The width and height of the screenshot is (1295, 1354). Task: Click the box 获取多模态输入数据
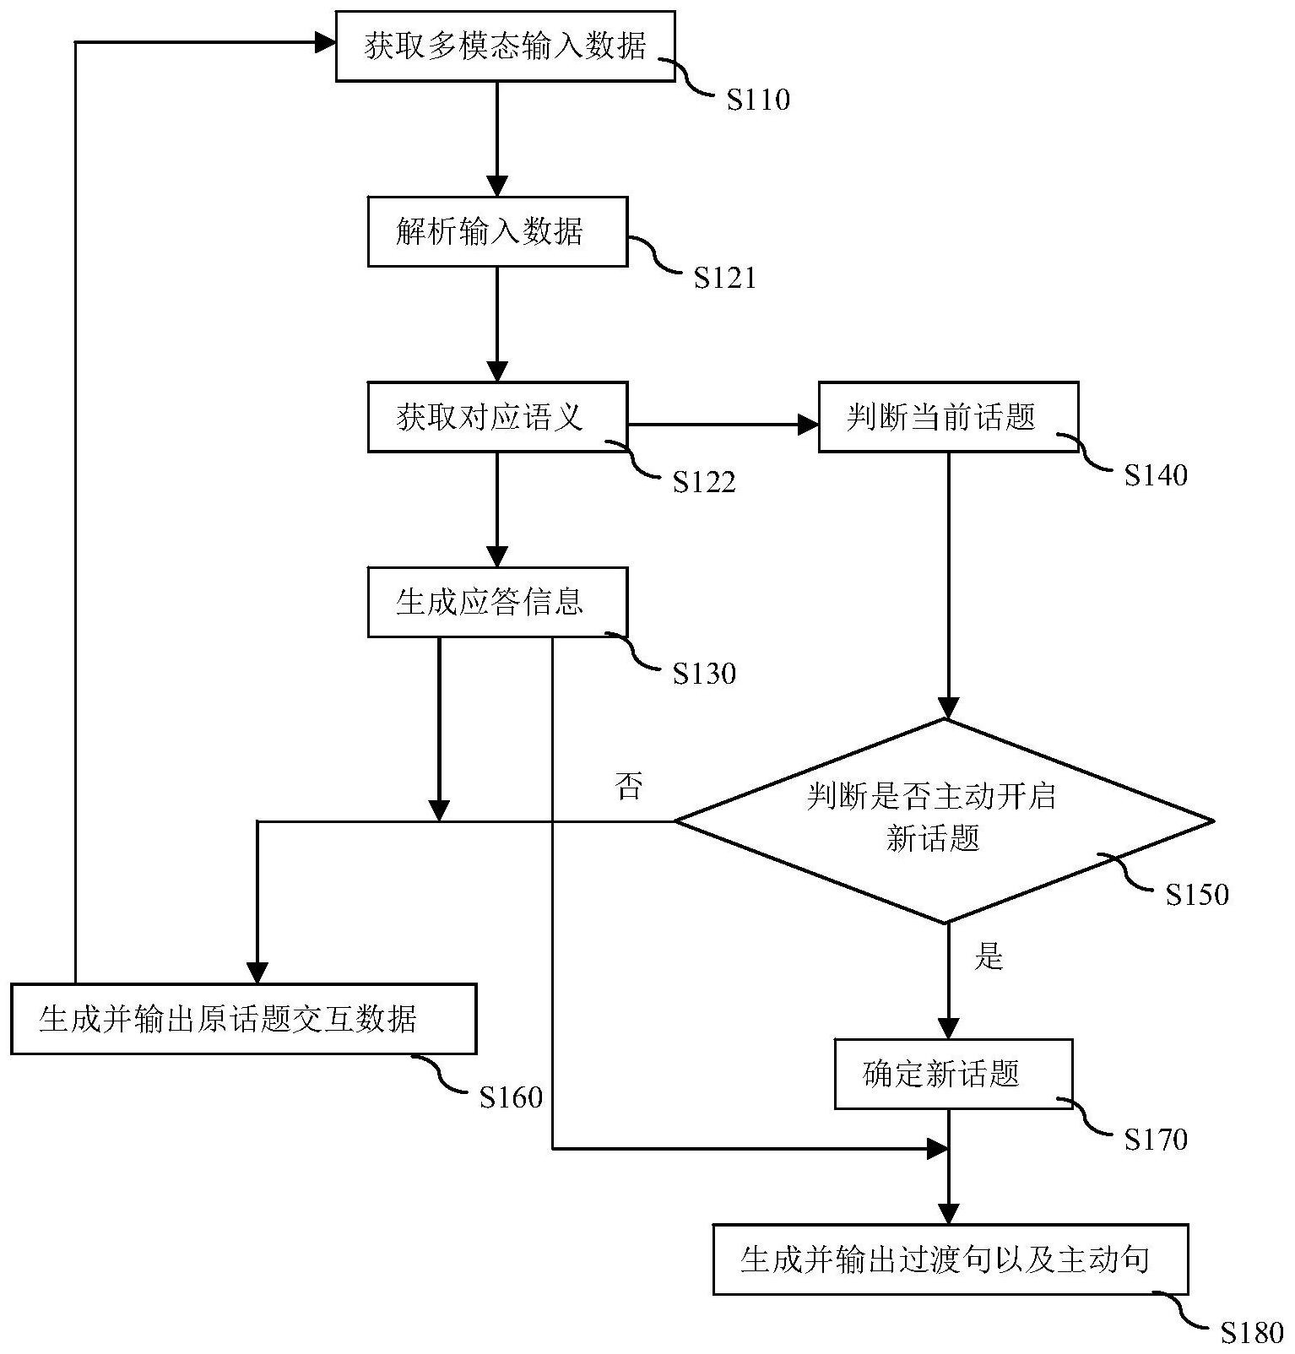click(505, 46)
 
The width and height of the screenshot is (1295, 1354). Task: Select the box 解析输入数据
click(497, 231)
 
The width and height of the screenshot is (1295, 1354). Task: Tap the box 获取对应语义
click(497, 417)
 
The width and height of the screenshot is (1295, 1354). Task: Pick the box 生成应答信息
click(497, 602)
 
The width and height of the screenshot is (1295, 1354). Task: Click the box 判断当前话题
click(948, 417)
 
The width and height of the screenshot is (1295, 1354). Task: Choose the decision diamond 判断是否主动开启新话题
click(945, 820)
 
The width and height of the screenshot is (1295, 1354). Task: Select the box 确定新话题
click(953, 1074)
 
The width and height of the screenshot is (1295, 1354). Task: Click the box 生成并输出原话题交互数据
click(243, 1019)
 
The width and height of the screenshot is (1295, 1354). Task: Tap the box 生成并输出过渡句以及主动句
click(950, 1259)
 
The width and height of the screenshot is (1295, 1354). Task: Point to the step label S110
click(758, 100)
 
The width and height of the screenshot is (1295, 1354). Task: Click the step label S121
click(724, 279)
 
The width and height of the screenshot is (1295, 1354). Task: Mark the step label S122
click(703, 482)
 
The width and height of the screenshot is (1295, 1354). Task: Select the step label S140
click(1155, 475)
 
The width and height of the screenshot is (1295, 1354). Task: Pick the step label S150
click(1196, 895)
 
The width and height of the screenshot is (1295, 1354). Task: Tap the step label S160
click(510, 1097)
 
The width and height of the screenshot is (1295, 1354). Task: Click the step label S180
click(1252, 1333)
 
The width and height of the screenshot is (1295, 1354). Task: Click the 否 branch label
click(628, 787)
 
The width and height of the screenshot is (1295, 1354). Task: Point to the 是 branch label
click(988, 957)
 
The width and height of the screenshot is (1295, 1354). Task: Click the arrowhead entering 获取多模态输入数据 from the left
click(326, 42)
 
